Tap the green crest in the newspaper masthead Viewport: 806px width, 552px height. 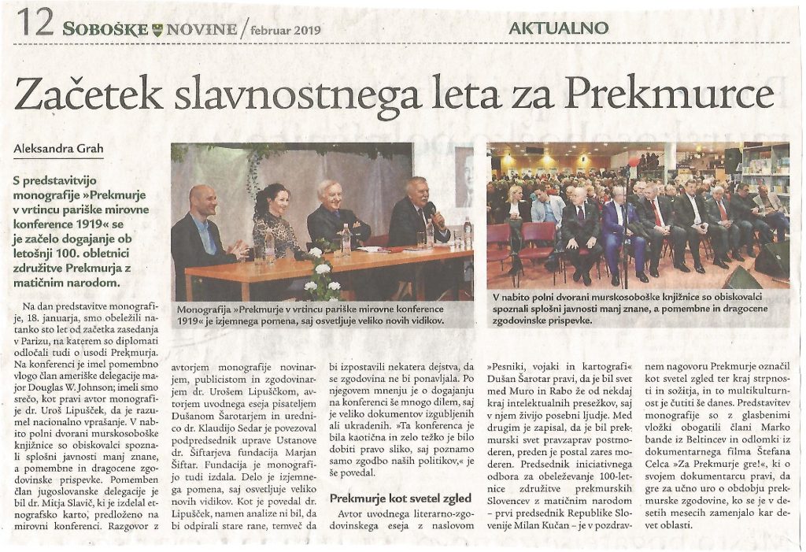pyautogui.click(x=160, y=30)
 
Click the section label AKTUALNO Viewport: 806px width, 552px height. pyautogui.click(x=559, y=28)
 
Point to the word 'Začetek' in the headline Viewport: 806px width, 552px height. pyautogui.click(x=88, y=95)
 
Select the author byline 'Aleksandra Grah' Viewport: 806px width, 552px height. pyautogui.click(x=58, y=148)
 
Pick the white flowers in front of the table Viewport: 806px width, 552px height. pyautogui.click(x=322, y=272)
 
